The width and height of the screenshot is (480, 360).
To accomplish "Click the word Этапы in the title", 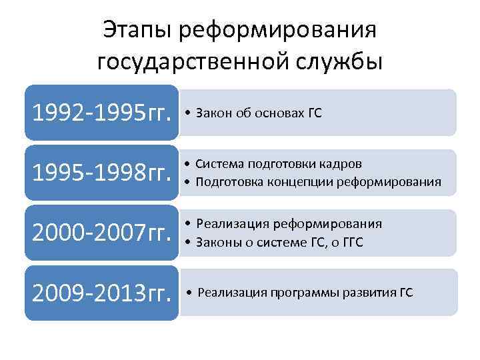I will point(137,29).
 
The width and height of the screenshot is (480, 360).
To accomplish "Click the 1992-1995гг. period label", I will point(99,113).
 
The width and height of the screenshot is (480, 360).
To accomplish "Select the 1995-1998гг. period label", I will point(99,173).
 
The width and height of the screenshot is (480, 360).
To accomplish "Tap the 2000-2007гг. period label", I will point(99,233).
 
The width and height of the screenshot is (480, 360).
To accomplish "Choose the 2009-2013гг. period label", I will point(99,293).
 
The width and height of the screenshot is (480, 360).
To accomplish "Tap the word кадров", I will point(344,164).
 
